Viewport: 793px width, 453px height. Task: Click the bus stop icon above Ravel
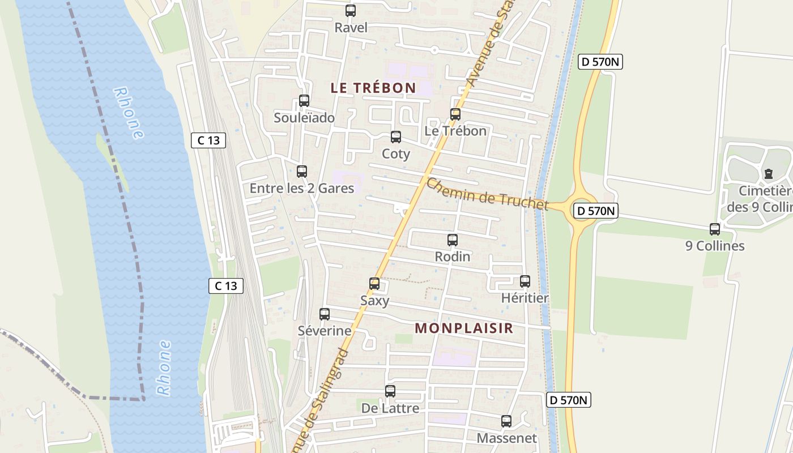[351, 11]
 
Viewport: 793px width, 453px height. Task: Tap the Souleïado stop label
[304, 118]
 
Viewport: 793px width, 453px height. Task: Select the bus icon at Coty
[396, 137]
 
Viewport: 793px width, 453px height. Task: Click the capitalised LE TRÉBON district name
[373, 88]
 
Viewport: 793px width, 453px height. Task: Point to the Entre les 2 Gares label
[302, 189]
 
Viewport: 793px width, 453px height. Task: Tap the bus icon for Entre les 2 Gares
[302, 172]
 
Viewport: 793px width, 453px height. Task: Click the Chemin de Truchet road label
[487, 194]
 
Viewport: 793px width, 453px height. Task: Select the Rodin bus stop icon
[453, 240]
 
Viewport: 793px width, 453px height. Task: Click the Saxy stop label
[375, 301]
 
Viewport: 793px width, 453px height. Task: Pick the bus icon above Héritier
[525, 281]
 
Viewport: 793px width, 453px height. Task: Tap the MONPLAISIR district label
[464, 328]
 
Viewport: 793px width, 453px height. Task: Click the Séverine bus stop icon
[325, 314]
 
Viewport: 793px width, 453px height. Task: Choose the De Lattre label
[390, 408]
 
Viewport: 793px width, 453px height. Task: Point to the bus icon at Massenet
[506, 421]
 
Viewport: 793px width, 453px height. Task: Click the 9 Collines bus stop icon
[715, 229]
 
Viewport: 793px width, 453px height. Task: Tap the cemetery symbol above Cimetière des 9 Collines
[769, 174]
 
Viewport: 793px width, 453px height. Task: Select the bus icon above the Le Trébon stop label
[455, 114]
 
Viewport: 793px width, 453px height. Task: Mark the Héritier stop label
[525, 298]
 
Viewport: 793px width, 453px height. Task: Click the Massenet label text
[506, 438]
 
